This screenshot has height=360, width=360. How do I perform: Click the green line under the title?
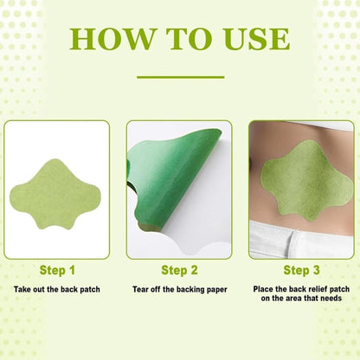click(x=180, y=76)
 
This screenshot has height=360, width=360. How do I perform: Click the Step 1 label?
click(x=57, y=269)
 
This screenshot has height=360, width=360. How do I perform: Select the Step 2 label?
click(x=179, y=269)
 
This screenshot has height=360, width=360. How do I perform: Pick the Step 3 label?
click(x=301, y=269)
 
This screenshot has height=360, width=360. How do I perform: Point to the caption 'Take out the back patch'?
click(x=57, y=288)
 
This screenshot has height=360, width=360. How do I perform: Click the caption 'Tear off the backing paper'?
click(x=179, y=288)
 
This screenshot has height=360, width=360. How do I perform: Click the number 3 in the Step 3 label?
click(x=318, y=269)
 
